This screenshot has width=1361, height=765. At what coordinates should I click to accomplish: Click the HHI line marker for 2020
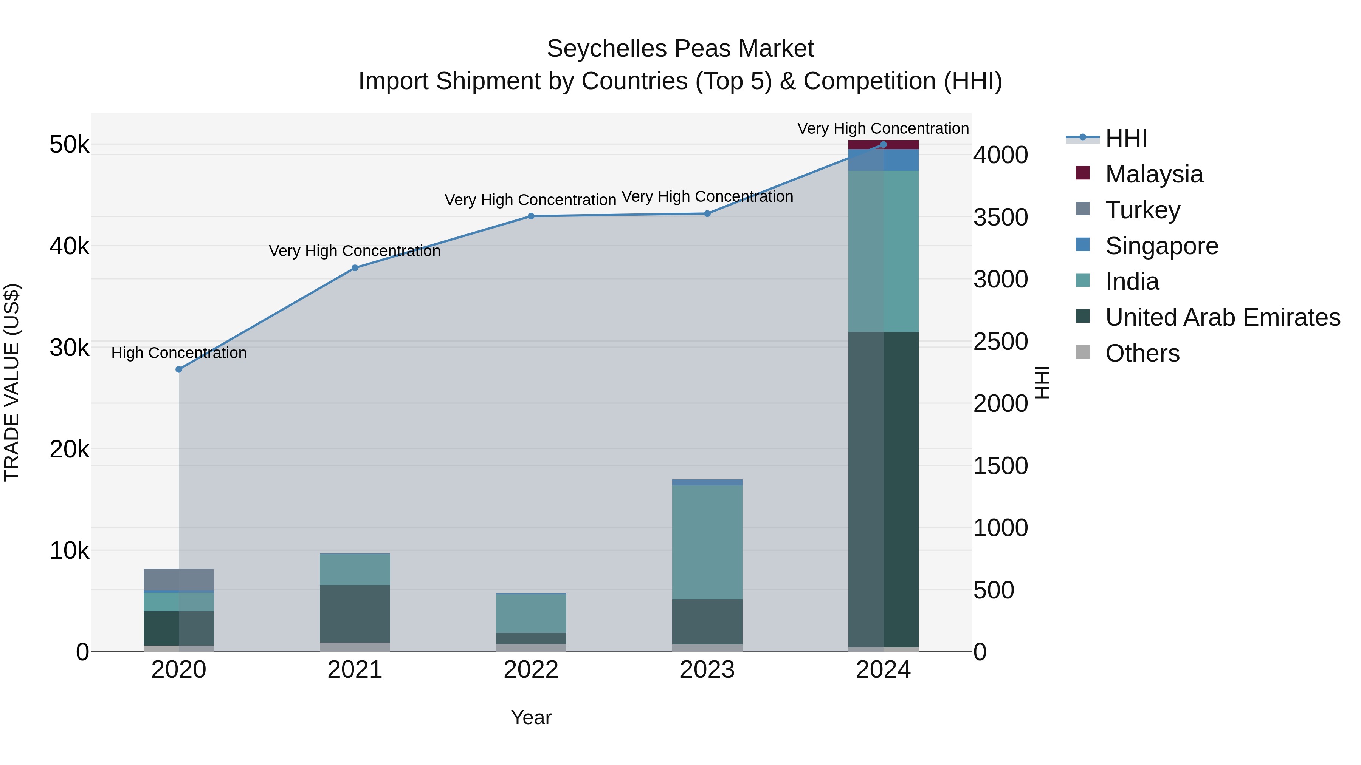178,369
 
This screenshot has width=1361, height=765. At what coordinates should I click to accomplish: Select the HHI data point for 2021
355,268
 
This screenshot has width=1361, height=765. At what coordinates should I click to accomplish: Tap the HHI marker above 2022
531,216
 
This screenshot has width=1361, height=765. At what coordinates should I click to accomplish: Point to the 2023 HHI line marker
707,214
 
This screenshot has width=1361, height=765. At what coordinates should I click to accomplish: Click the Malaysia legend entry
1154,174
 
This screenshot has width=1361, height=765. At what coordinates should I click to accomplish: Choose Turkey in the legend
1142,210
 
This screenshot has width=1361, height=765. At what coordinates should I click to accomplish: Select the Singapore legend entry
1161,246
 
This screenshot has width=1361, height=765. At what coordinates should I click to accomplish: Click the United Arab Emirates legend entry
1222,317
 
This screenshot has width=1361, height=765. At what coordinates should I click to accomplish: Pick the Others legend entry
1142,353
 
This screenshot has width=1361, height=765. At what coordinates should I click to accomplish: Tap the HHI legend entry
1125,138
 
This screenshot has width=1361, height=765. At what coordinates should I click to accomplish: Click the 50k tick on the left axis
69,145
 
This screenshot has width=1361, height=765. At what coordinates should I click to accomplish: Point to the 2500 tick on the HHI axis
1000,342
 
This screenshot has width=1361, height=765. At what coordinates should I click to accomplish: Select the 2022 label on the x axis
531,670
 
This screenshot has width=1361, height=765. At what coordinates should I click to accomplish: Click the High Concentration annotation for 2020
178,353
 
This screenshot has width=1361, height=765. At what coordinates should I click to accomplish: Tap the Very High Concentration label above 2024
883,128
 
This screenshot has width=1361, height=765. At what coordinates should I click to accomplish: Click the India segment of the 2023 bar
707,542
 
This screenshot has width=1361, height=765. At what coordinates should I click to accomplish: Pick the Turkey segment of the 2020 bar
178,579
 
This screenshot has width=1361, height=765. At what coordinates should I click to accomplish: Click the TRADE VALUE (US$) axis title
12,382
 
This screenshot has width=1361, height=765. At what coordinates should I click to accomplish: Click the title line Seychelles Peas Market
680,49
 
